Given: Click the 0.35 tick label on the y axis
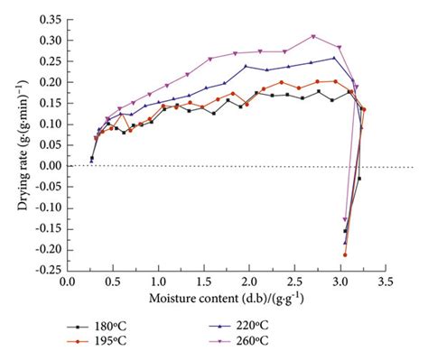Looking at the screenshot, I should tap(49, 19).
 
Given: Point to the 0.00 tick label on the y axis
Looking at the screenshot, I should tap(49, 166).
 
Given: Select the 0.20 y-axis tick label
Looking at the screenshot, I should tap(49, 82).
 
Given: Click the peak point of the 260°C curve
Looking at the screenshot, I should tap(313, 36).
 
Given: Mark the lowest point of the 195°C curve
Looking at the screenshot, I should tap(345, 254).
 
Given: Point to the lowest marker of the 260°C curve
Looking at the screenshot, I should tap(345, 219).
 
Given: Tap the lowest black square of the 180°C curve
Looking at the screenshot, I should tap(345, 231).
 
